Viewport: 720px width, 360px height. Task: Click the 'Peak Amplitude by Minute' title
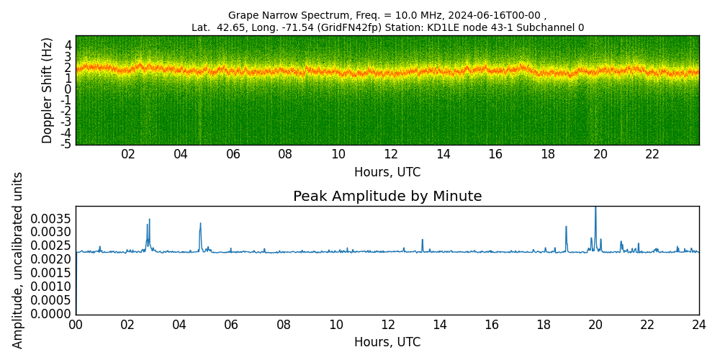pos(387,197)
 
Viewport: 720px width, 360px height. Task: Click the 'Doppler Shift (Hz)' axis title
pos(48,90)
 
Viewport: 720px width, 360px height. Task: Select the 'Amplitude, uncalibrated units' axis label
pos(17,261)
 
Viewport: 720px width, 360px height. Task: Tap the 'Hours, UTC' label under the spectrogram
pos(387,172)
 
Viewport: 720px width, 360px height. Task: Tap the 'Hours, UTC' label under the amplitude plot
pos(387,341)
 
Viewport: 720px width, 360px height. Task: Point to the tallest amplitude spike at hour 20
pos(595,208)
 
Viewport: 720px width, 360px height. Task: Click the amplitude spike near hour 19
pos(566,227)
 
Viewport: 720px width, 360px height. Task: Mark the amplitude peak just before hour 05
pos(200,224)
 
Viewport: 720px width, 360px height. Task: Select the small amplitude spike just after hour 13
pos(423,240)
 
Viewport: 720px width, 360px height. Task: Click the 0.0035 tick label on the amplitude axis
pos(52,217)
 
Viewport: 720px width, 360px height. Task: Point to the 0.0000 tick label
pos(52,314)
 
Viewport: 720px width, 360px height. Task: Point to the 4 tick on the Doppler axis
pos(68,45)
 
